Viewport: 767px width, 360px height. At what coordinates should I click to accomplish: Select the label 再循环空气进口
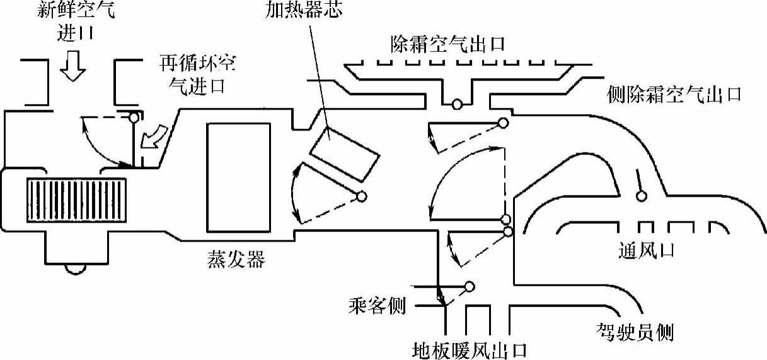pos(200,74)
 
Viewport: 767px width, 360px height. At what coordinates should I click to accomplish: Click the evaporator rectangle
pos(238,177)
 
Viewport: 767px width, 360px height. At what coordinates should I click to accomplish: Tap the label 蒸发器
pos(234,258)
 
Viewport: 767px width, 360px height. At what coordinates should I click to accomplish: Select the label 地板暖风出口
pos(469,349)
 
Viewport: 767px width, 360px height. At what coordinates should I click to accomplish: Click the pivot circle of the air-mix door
pos(362,196)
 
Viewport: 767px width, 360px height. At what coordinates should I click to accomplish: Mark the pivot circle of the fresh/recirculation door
pos(133,117)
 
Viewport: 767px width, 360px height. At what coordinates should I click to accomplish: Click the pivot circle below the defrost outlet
pos(458,105)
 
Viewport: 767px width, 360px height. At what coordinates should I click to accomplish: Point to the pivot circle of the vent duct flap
pos(642,197)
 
